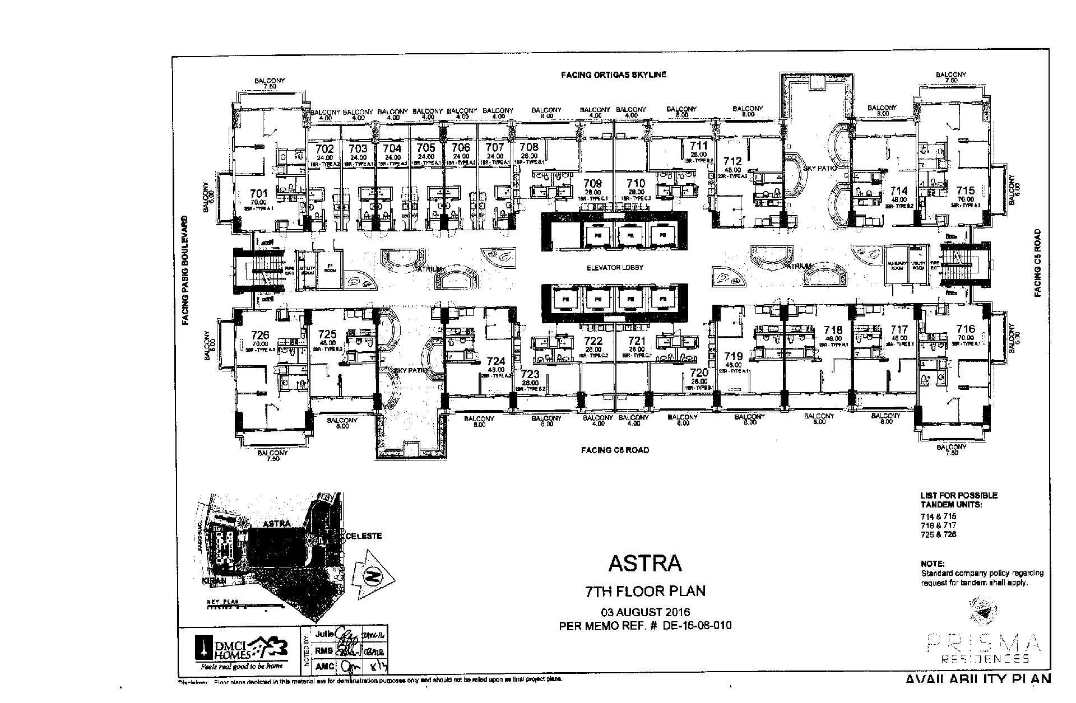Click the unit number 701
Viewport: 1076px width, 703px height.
click(x=259, y=194)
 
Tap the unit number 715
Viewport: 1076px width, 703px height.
click(x=965, y=191)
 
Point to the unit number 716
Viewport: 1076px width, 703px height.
click(x=966, y=329)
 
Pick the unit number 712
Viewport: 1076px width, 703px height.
click(x=732, y=162)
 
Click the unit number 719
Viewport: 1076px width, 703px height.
click(x=733, y=356)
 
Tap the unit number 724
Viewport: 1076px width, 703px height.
click(x=496, y=362)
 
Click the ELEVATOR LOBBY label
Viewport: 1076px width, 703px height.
click(x=615, y=268)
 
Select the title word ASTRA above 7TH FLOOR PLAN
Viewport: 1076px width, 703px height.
click(x=645, y=563)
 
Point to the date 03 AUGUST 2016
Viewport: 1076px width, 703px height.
click(x=645, y=612)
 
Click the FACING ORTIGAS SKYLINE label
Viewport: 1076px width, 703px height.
click(x=614, y=75)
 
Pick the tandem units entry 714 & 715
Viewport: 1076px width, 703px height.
click(x=938, y=516)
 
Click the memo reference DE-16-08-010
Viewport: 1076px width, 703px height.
click(x=697, y=626)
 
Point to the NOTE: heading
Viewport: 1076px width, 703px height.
click(x=932, y=564)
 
